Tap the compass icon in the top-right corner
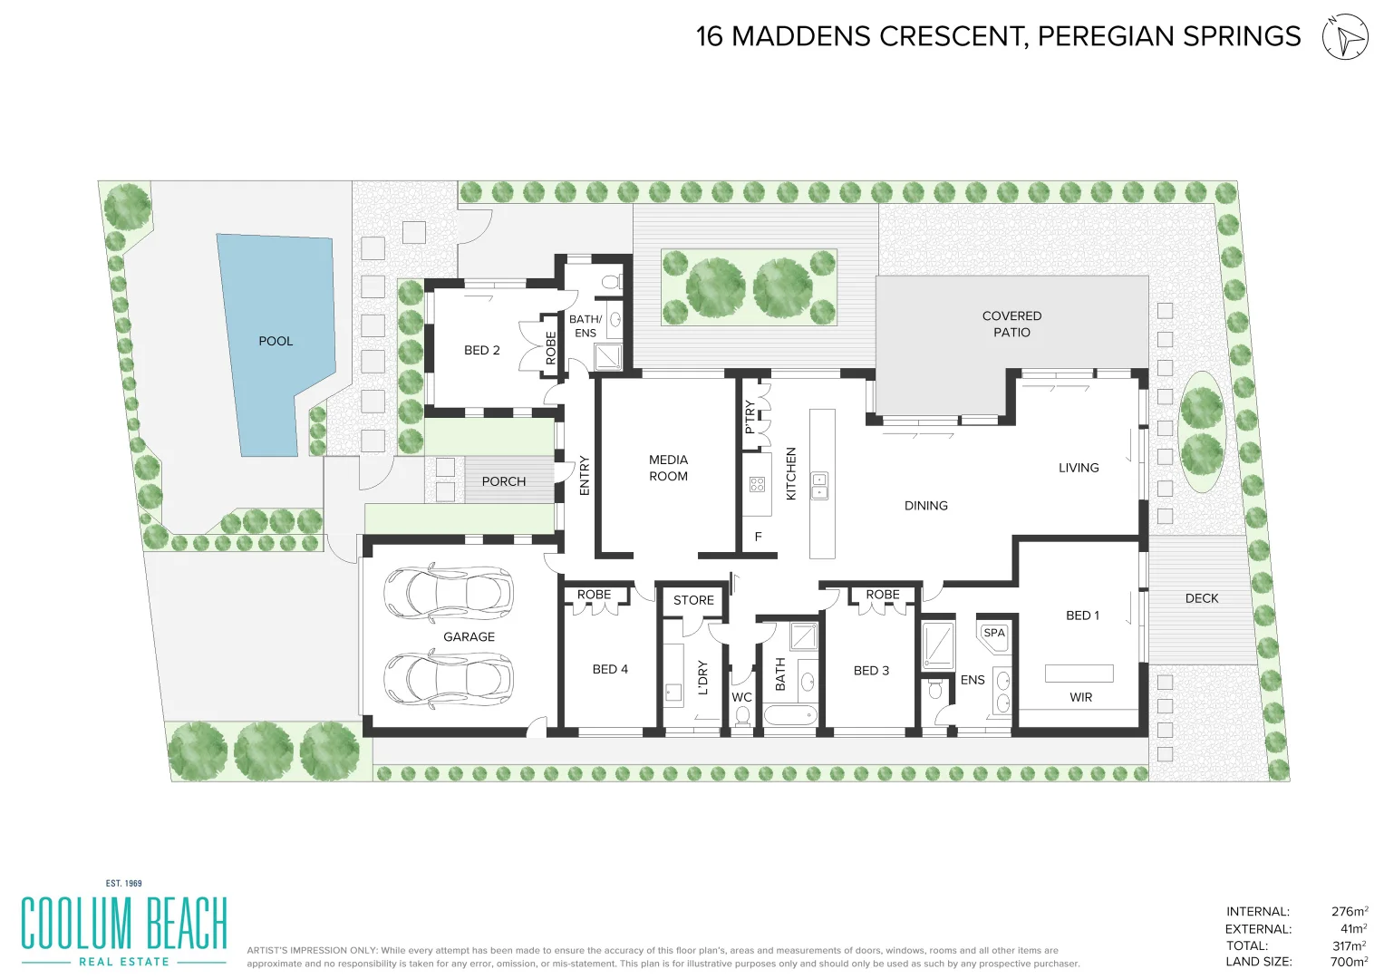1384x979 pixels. (1345, 37)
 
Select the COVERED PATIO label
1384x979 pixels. (1011, 324)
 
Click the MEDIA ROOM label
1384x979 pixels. (668, 468)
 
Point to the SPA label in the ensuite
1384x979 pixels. (994, 633)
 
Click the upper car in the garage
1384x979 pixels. (449, 593)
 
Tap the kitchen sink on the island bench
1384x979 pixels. (819, 486)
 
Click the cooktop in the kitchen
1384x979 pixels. (758, 484)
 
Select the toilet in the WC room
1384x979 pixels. (742, 715)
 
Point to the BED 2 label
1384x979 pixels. (481, 350)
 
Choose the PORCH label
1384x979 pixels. (503, 481)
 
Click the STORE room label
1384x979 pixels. (693, 600)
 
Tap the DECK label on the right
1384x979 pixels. (1201, 598)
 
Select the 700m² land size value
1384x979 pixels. (1349, 962)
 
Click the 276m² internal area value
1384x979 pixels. (1349, 912)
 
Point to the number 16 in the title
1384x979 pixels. (709, 36)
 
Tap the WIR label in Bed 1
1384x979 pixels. (1080, 697)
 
